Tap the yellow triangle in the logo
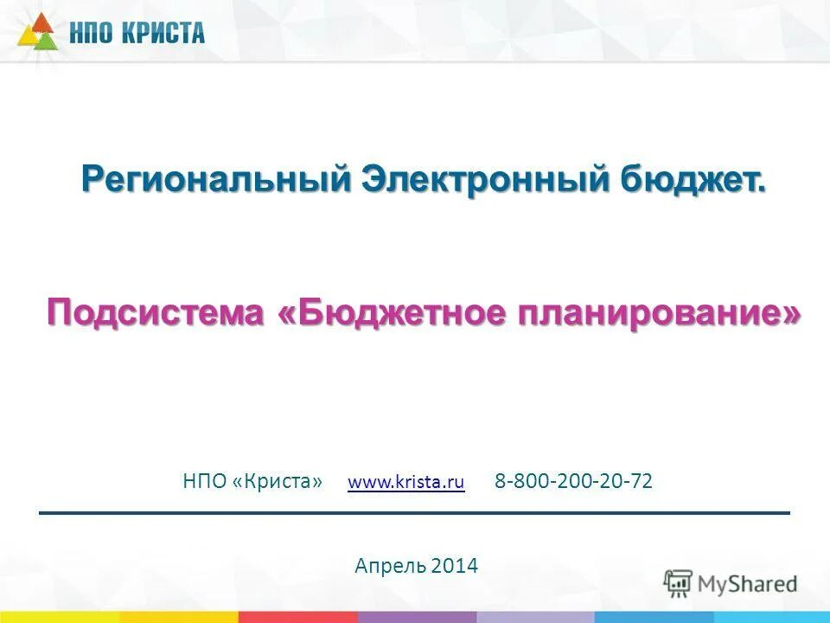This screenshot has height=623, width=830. [26, 37]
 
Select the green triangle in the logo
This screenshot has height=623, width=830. [48, 38]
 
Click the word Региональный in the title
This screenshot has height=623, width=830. [215, 180]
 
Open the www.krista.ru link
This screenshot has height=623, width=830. [405, 482]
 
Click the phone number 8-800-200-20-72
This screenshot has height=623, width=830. [573, 481]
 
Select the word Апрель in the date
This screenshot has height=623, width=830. [389, 566]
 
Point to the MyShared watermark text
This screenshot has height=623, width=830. [747, 584]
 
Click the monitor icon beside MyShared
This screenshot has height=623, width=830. [678, 583]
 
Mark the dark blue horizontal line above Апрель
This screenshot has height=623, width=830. [414, 513]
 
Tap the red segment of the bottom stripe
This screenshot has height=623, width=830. [297, 617]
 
